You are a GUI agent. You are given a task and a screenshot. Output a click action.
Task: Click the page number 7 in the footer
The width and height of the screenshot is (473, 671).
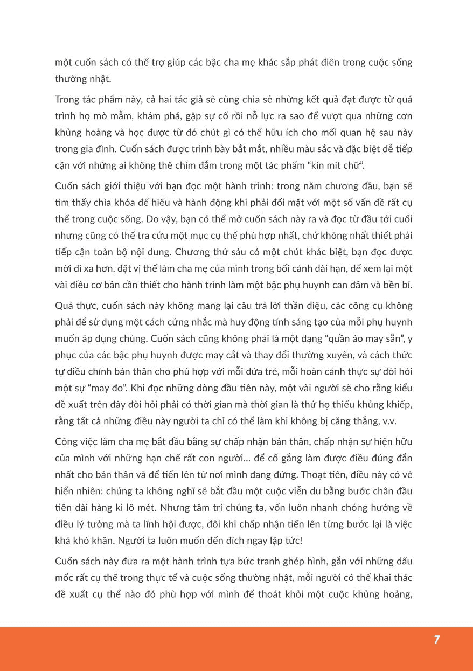[436, 640]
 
